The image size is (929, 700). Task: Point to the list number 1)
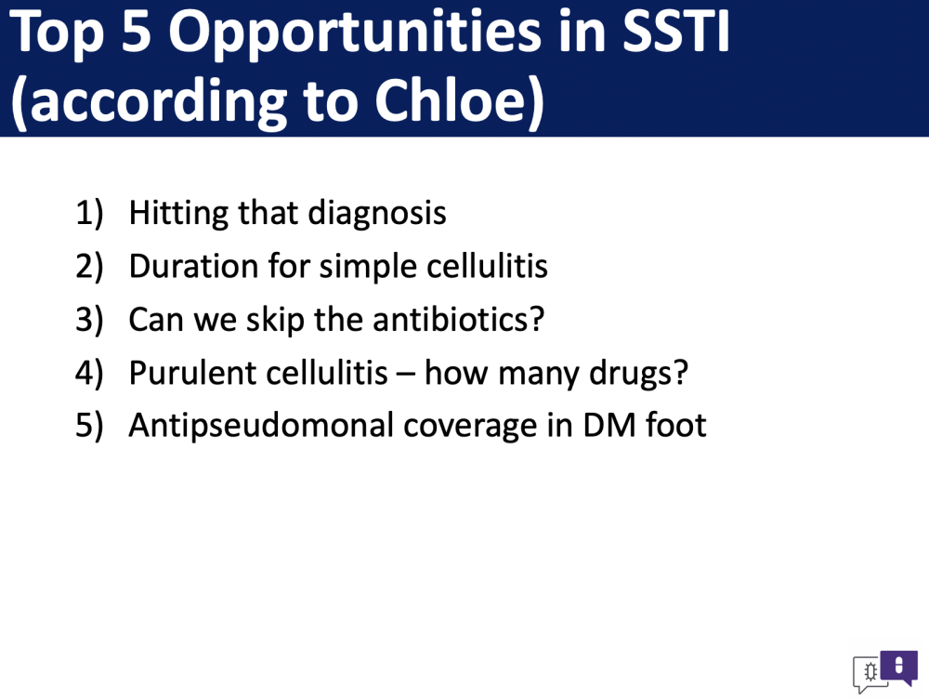click(89, 213)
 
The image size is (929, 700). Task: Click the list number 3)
click(89, 320)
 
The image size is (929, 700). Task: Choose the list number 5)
click(89, 426)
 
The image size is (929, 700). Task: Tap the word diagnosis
click(377, 214)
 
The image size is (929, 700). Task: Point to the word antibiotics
click(458, 319)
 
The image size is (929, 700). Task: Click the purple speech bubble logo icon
click(898, 667)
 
